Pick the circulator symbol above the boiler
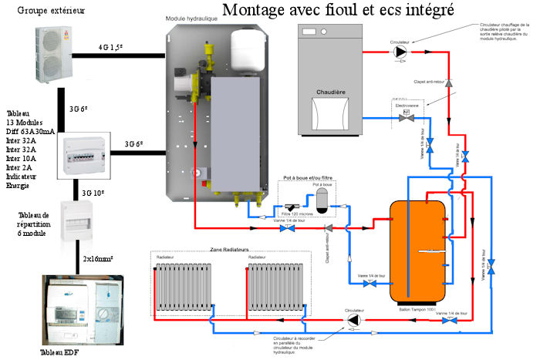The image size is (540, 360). [x=400, y=52]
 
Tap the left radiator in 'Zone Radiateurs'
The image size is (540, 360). [x=189, y=285]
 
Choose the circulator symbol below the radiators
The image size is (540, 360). [x=353, y=319]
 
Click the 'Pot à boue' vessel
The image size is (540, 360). [x=321, y=197]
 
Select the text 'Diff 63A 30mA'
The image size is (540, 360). [x=30, y=132]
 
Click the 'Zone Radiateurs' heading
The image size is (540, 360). [x=229, y=249]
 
